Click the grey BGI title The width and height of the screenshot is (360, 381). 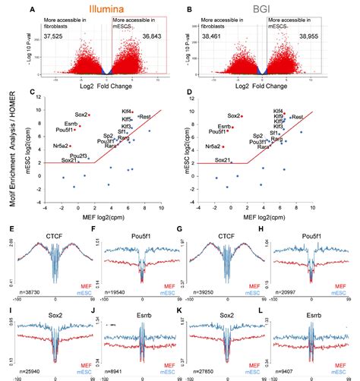(x=270, y=10)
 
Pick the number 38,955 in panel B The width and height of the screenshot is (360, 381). (x=311, y=36)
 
